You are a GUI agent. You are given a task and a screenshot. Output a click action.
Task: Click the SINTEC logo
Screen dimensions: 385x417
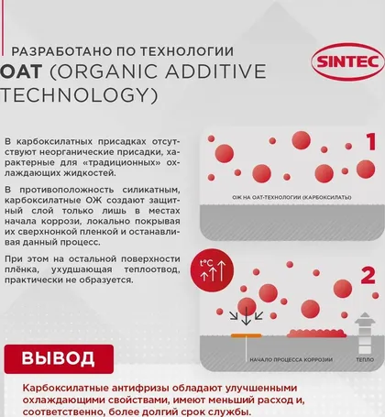pos(347,61)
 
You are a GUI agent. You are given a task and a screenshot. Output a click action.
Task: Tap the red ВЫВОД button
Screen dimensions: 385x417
pos(59,359)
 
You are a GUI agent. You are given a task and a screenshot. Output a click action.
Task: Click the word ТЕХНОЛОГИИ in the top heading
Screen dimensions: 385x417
pos(187,51)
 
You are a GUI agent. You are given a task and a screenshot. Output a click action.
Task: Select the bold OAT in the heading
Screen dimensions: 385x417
pos(21,71)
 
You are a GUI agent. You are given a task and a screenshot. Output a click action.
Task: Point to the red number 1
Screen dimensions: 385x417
pos(371,142)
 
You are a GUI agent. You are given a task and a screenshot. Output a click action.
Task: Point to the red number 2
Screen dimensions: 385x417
pos(368,276)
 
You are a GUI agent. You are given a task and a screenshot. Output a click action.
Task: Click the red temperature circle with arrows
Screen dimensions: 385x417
pos(212,269)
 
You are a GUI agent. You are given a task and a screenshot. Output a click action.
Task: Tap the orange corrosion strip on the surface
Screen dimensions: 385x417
pos(246,335)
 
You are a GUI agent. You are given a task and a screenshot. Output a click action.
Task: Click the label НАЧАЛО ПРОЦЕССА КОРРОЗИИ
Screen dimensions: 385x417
pos(291,359)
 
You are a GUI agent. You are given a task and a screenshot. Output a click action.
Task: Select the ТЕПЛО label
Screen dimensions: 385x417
pos(365,359)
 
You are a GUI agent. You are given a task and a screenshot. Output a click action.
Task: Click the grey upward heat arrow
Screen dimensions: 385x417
pos(365,333)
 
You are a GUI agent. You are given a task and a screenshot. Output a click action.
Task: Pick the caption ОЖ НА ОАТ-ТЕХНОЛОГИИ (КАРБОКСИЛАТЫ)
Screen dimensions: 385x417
pos(291,197)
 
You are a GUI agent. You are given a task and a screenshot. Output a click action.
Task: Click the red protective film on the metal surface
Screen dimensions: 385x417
pos(316,334)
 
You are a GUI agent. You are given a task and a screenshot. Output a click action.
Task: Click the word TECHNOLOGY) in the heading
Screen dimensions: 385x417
pos(79,95)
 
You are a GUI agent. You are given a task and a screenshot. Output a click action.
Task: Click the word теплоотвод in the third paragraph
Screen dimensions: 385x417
pos(152,269)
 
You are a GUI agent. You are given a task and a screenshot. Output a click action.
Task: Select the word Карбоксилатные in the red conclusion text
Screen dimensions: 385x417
pos(66,389)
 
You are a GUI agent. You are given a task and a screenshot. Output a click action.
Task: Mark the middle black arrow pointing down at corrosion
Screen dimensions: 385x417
pos(246,316)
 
